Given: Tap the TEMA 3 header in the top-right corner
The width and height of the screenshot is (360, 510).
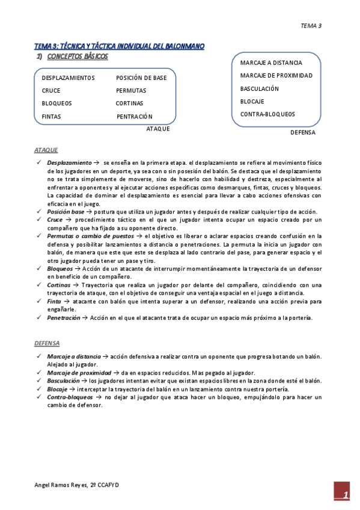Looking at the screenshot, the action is click(311, 25).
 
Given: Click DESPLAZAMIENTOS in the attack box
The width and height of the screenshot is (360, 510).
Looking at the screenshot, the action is click(68, 78).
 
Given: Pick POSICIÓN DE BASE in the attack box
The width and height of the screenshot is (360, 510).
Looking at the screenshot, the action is click(141, 78).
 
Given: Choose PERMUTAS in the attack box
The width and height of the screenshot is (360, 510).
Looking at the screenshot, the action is click(131, 91).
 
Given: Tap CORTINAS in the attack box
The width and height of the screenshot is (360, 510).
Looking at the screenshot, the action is click(130, 103).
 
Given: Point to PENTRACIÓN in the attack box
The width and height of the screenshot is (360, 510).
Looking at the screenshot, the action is click(135, 117).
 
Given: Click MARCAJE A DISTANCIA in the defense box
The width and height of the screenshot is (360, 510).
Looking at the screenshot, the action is click(271, 63).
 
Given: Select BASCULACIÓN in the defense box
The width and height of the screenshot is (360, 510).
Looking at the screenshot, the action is click(260, 88).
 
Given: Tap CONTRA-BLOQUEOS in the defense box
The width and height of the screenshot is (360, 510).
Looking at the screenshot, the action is click(267, 114).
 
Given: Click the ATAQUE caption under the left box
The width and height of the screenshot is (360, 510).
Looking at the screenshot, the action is click(158, 129).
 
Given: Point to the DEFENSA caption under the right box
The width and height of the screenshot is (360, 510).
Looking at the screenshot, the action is click(303, 132).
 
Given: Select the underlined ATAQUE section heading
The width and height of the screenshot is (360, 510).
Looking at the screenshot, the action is click(46, 150).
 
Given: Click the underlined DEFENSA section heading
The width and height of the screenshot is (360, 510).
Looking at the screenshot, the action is click(47, 343).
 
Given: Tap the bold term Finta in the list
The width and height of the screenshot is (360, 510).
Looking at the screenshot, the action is click(54, 301).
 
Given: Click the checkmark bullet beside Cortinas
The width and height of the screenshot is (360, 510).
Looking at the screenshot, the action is click(38, 284).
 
